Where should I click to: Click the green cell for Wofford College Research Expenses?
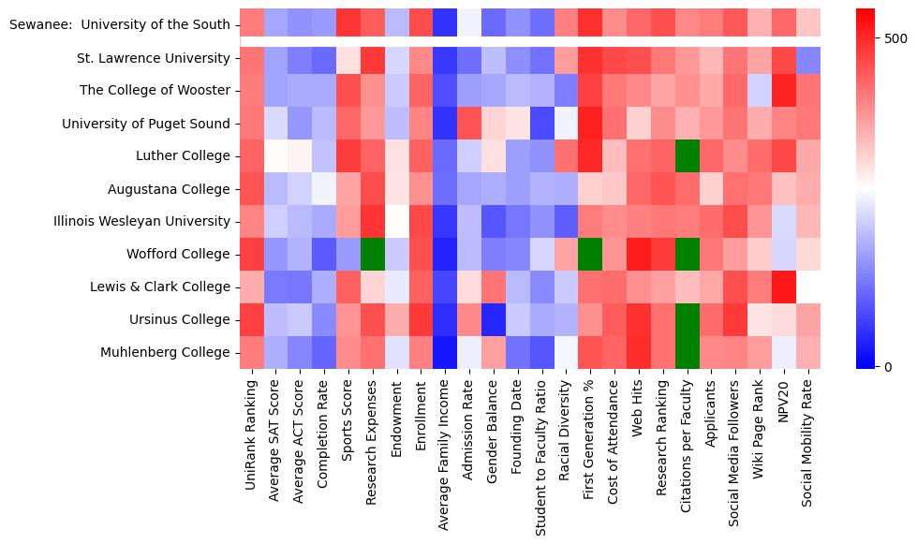(x=373, y=254)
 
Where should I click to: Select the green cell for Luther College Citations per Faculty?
(x=688, y=155)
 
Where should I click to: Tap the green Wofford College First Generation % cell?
(x=590, y=254)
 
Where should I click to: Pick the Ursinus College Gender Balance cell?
(x=494, y=319)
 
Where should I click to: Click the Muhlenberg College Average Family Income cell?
(x=445, y=352)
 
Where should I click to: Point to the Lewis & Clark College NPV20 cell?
(x=784, y=287)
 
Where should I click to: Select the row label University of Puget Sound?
(x=146, y=124)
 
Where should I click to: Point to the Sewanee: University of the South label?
(x=119, y=24)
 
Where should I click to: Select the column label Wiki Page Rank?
(x=760, y=426)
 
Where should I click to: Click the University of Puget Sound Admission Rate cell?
(x=469, y=123)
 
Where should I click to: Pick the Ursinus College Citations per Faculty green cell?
(x=688, y=319)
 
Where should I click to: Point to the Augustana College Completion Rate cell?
(x=324, y=188)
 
